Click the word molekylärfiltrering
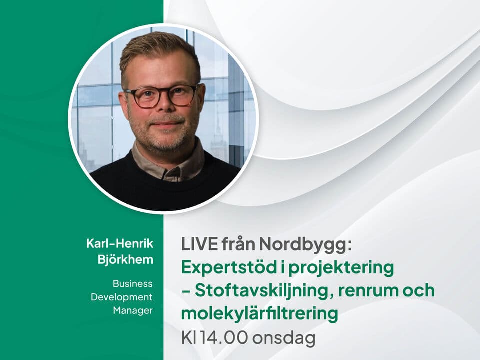pyautogui.click(x=259, y=314)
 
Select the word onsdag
pyautogui.click(x=283, y=338)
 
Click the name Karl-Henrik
pyautogui.click(x=120, y=243)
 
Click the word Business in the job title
pyautogui.click(x=132, y=283)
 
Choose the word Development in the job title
pyautogui.click(x=121, y=297)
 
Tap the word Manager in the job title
pyautogui.click(x=132, y=310)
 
